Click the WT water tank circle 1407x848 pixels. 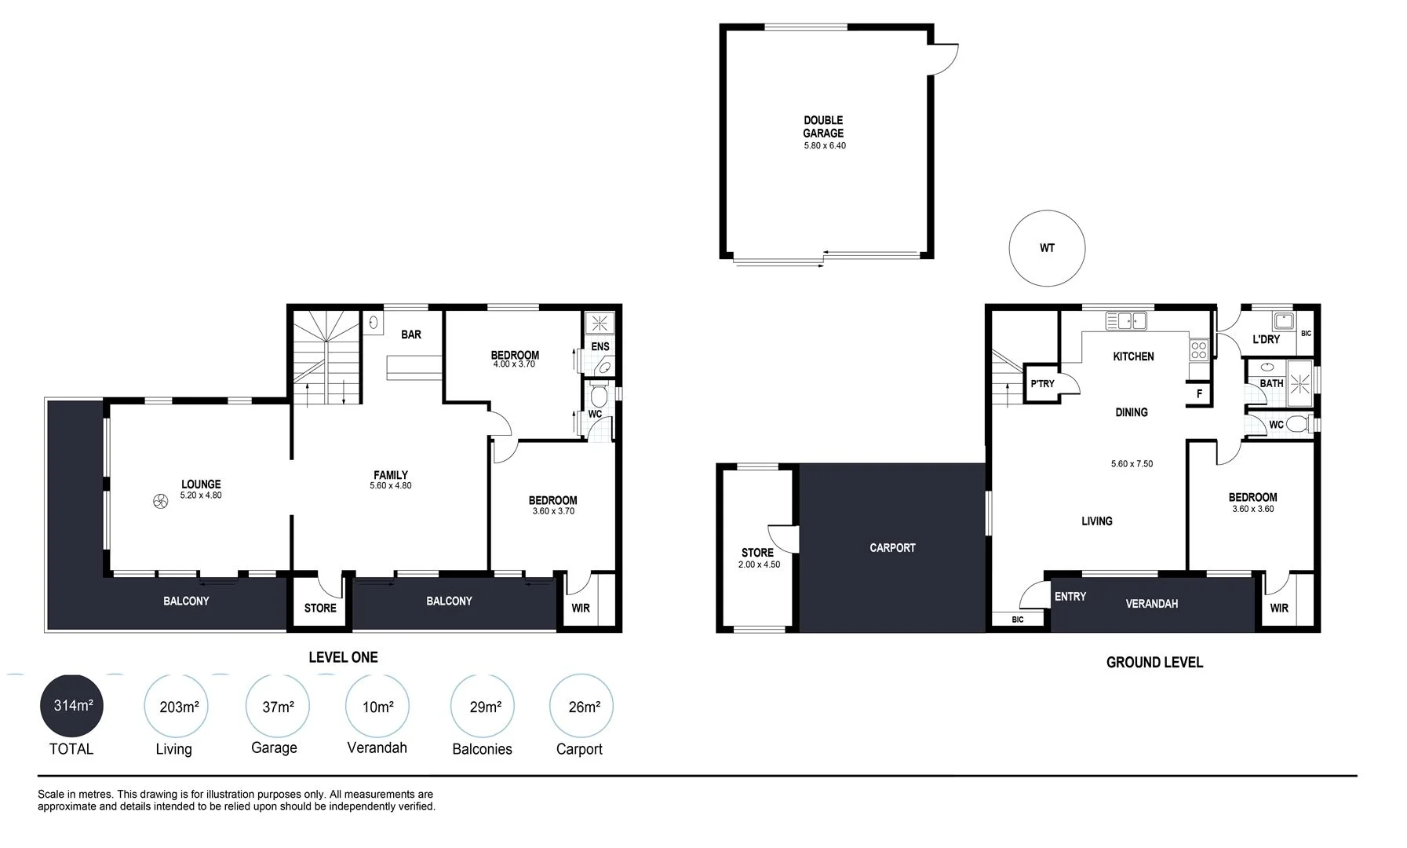[x=1046, y=248]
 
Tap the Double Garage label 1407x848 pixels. [x=823, y=126]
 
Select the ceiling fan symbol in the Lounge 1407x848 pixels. [x=160, y=502]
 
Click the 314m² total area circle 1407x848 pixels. [x=71, y=705]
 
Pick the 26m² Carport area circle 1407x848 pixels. [x=581, y=706]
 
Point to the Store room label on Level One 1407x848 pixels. [x=320, y=608]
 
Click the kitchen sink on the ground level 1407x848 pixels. [x=1126, y=320]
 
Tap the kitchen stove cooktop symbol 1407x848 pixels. [x=1198, y=349]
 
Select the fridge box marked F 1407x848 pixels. [x=1198, y=393]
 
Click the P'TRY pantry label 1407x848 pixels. [x=1043, y=384]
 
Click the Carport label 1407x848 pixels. [x=892, y=547]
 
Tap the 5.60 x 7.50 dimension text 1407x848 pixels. [x=1132, y=464]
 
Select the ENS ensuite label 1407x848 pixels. [x=600, y=346]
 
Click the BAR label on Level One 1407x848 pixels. [x=411, y=334]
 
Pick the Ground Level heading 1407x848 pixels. [x=1154, y=662]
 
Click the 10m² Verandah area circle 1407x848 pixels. [x=377, y=706]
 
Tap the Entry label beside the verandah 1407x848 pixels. [x=1070, y=597]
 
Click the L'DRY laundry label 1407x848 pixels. [x=1265, y=339]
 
